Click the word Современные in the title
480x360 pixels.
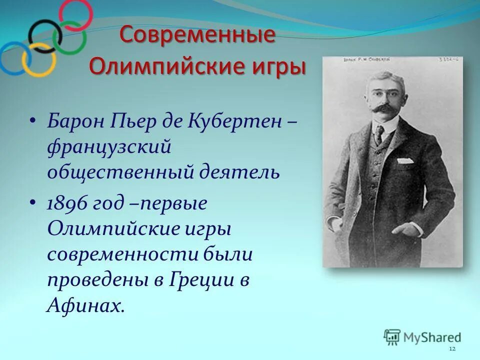point(197,36)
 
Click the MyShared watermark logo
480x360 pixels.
point(422,337)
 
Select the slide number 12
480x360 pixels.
point(452,348)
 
